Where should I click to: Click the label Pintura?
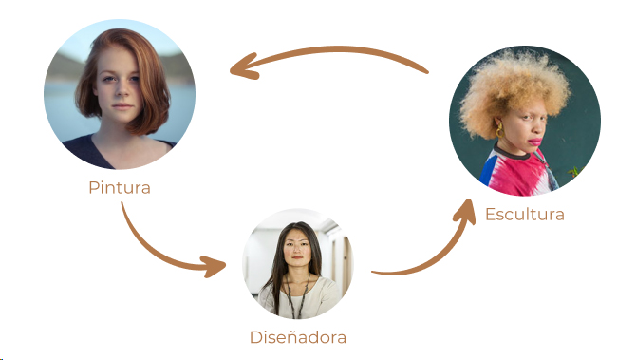tap(120, 188)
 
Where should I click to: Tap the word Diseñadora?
tap(298, 337)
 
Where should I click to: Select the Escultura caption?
tap(525, 215)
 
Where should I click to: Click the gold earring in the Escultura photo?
tap(499, 130)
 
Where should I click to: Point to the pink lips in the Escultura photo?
tap(535, 142)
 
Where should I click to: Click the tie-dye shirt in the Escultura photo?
tap(517, 171)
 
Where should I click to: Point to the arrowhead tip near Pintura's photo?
tap(231, 70)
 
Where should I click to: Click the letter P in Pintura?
tap(94, 188)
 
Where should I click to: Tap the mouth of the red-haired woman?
tap(122, 106)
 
